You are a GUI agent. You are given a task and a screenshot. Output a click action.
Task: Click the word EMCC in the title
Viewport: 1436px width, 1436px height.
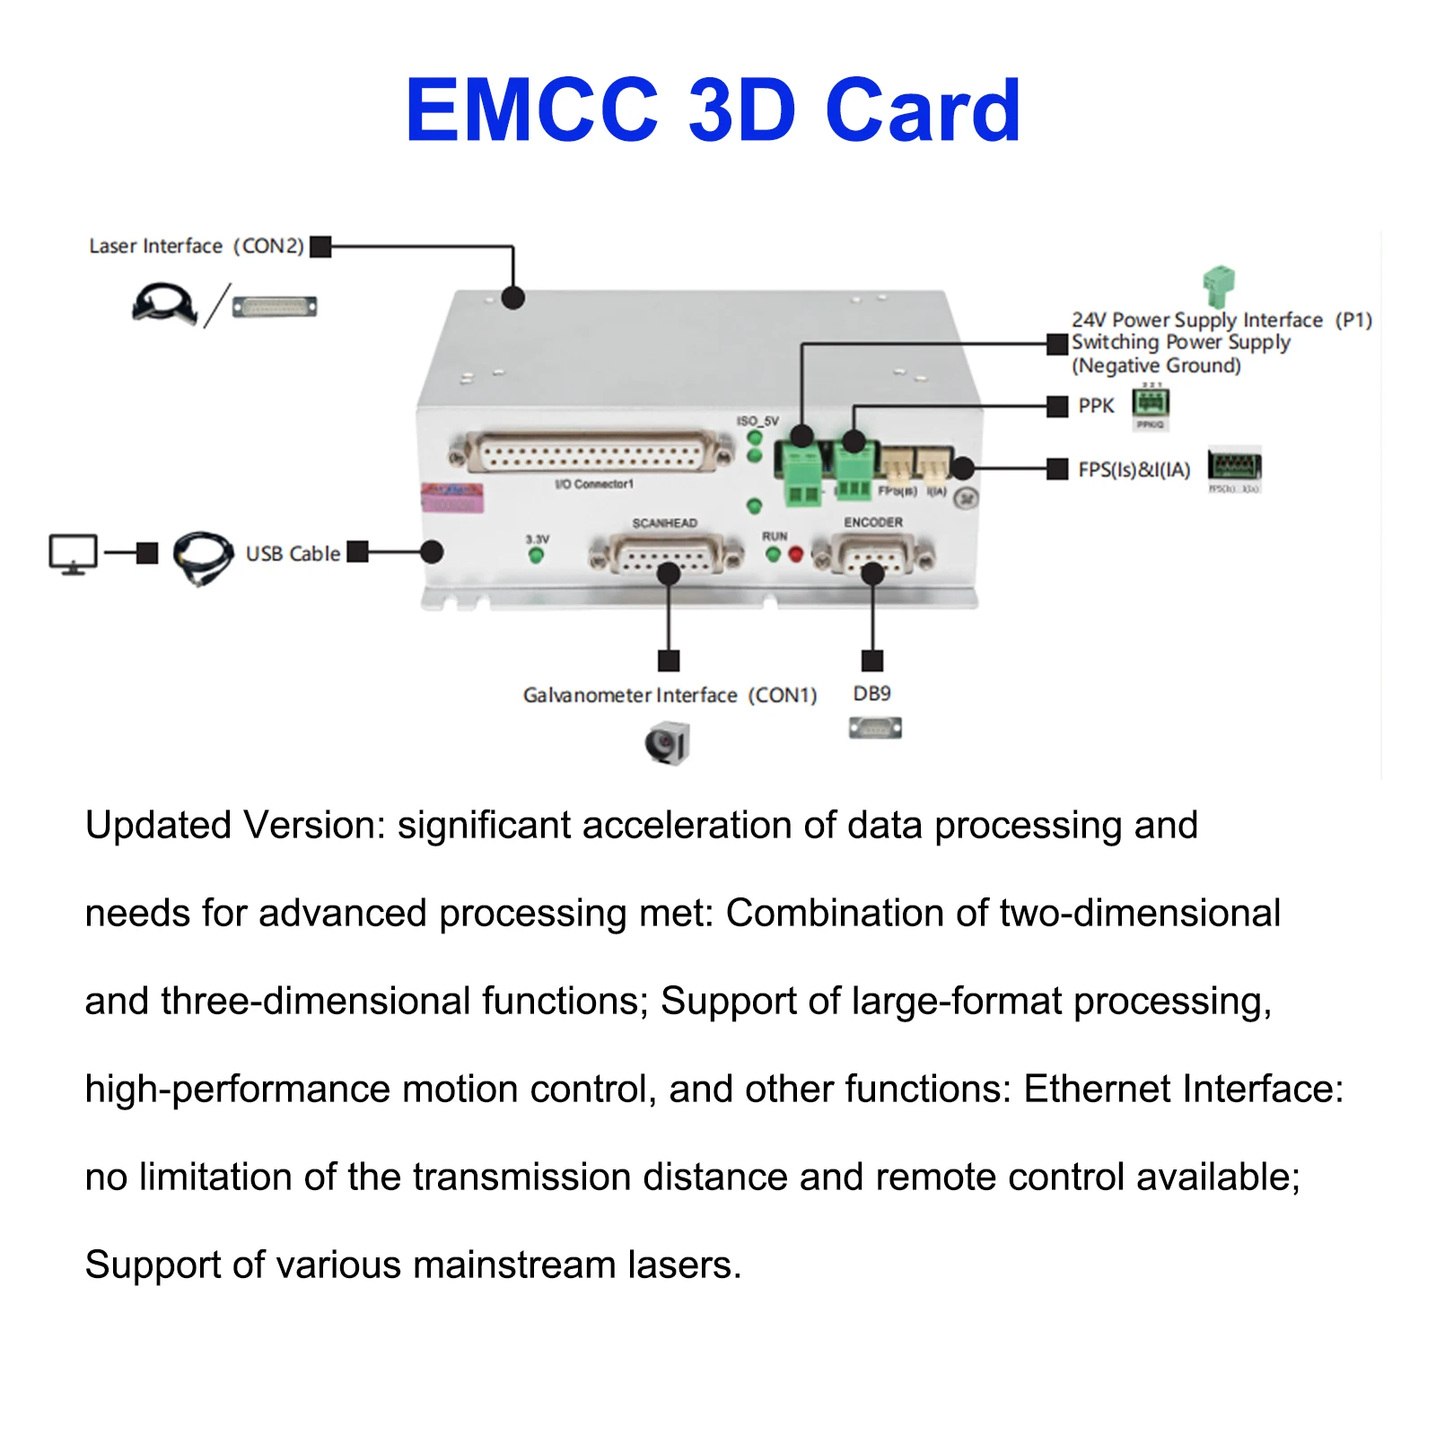coord(532,110)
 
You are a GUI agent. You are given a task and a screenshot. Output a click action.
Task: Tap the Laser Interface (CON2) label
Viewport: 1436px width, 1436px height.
coord(196,246)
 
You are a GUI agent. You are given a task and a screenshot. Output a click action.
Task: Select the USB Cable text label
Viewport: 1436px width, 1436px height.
coord(293,554)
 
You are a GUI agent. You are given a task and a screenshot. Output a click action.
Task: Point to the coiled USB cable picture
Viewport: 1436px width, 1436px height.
coord(203,557)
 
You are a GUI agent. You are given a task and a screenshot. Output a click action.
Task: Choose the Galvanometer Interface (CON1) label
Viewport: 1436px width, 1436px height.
coord(670,696)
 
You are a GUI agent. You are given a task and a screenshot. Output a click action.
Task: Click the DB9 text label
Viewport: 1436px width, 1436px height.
coord(871,694)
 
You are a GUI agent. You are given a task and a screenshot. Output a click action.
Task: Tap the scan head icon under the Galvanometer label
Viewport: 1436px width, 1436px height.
coord(667,744)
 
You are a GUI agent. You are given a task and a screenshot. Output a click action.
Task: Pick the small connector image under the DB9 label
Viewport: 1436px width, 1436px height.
coord(875,728)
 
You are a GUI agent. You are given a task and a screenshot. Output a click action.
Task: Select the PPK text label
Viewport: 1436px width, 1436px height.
coord(1096,406)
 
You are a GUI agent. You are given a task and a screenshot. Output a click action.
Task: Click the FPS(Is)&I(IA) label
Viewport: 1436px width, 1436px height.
coord(1134,469)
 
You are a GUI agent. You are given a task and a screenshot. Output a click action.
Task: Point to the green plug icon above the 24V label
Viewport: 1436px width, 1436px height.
coord(1219,286)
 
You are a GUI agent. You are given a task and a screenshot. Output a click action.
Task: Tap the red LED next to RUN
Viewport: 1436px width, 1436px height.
coord(795,556)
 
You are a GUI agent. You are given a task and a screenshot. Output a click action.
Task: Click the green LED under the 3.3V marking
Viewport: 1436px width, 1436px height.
coord(537,556)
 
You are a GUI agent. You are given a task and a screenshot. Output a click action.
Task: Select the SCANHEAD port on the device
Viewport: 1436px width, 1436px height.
coord(666,556)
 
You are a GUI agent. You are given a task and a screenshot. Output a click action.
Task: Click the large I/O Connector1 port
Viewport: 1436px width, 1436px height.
coord(592,452)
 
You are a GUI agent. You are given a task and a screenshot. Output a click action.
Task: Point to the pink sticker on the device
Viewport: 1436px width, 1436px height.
coord(452,497)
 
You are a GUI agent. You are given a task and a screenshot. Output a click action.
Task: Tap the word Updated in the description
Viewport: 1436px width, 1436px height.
coord(158,825)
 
